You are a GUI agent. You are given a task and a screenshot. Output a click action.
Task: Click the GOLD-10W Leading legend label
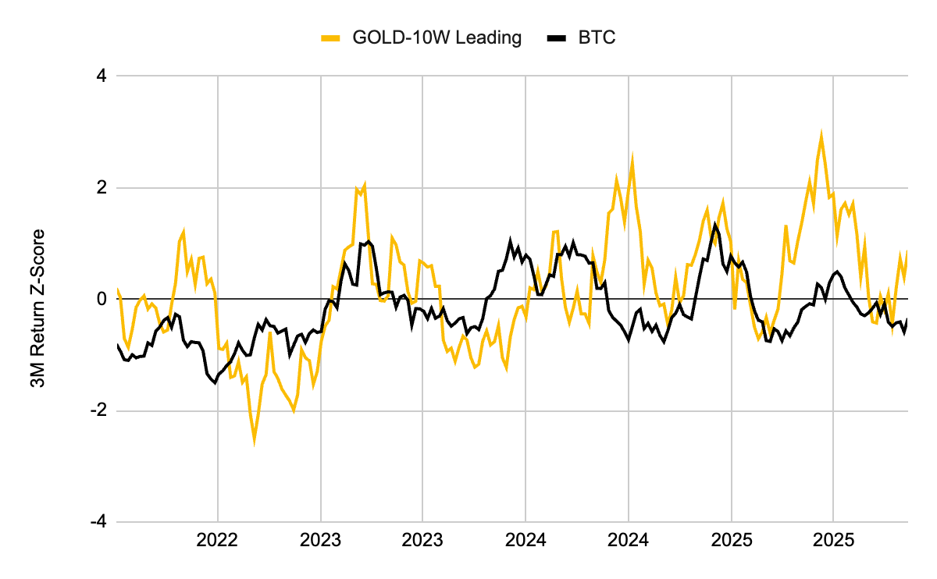pyautogui.click(x=437, y=37)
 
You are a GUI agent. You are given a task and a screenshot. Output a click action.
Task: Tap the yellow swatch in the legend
pyautogui.click(x=330, y=38)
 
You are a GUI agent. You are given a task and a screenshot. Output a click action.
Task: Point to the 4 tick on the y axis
pyautogui.click(x=102, y=76)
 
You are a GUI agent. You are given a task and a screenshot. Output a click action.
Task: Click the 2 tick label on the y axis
pyautogui.click(x=102, y=188)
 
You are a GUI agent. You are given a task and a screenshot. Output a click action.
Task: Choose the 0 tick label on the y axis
pyautogui.click(x=102, y=300)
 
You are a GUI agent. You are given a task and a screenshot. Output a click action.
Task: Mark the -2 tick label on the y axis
pyautogui.click(x=98, y=411)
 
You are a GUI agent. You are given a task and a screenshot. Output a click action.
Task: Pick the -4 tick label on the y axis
pyautogui.click(x=98, y=522)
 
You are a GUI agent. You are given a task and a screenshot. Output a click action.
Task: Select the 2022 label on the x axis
pyautogui.click(x=217, y=539)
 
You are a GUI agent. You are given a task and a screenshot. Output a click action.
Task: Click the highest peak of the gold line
pyautogui.click(x=821, y=135)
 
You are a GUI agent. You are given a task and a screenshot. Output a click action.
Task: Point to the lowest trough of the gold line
pyautogui.click(x=255, y=442)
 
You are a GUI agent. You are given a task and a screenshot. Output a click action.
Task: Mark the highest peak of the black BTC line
pyautogui.click(x=714, y=225)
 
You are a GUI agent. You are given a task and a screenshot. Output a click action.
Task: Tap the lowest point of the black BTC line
pyautogui.click(x=215, y=383)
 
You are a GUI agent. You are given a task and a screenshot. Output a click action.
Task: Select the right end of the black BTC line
pyautogui.click(x=908, y=318)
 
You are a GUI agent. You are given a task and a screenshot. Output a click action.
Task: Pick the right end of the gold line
pyautogui.click(x=908, y=251)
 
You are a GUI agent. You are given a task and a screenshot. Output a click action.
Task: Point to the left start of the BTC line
pyautogui.click(x=117, y=345)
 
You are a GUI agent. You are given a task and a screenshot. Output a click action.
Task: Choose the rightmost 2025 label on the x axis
pyautogui.click(x=833, y=539)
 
